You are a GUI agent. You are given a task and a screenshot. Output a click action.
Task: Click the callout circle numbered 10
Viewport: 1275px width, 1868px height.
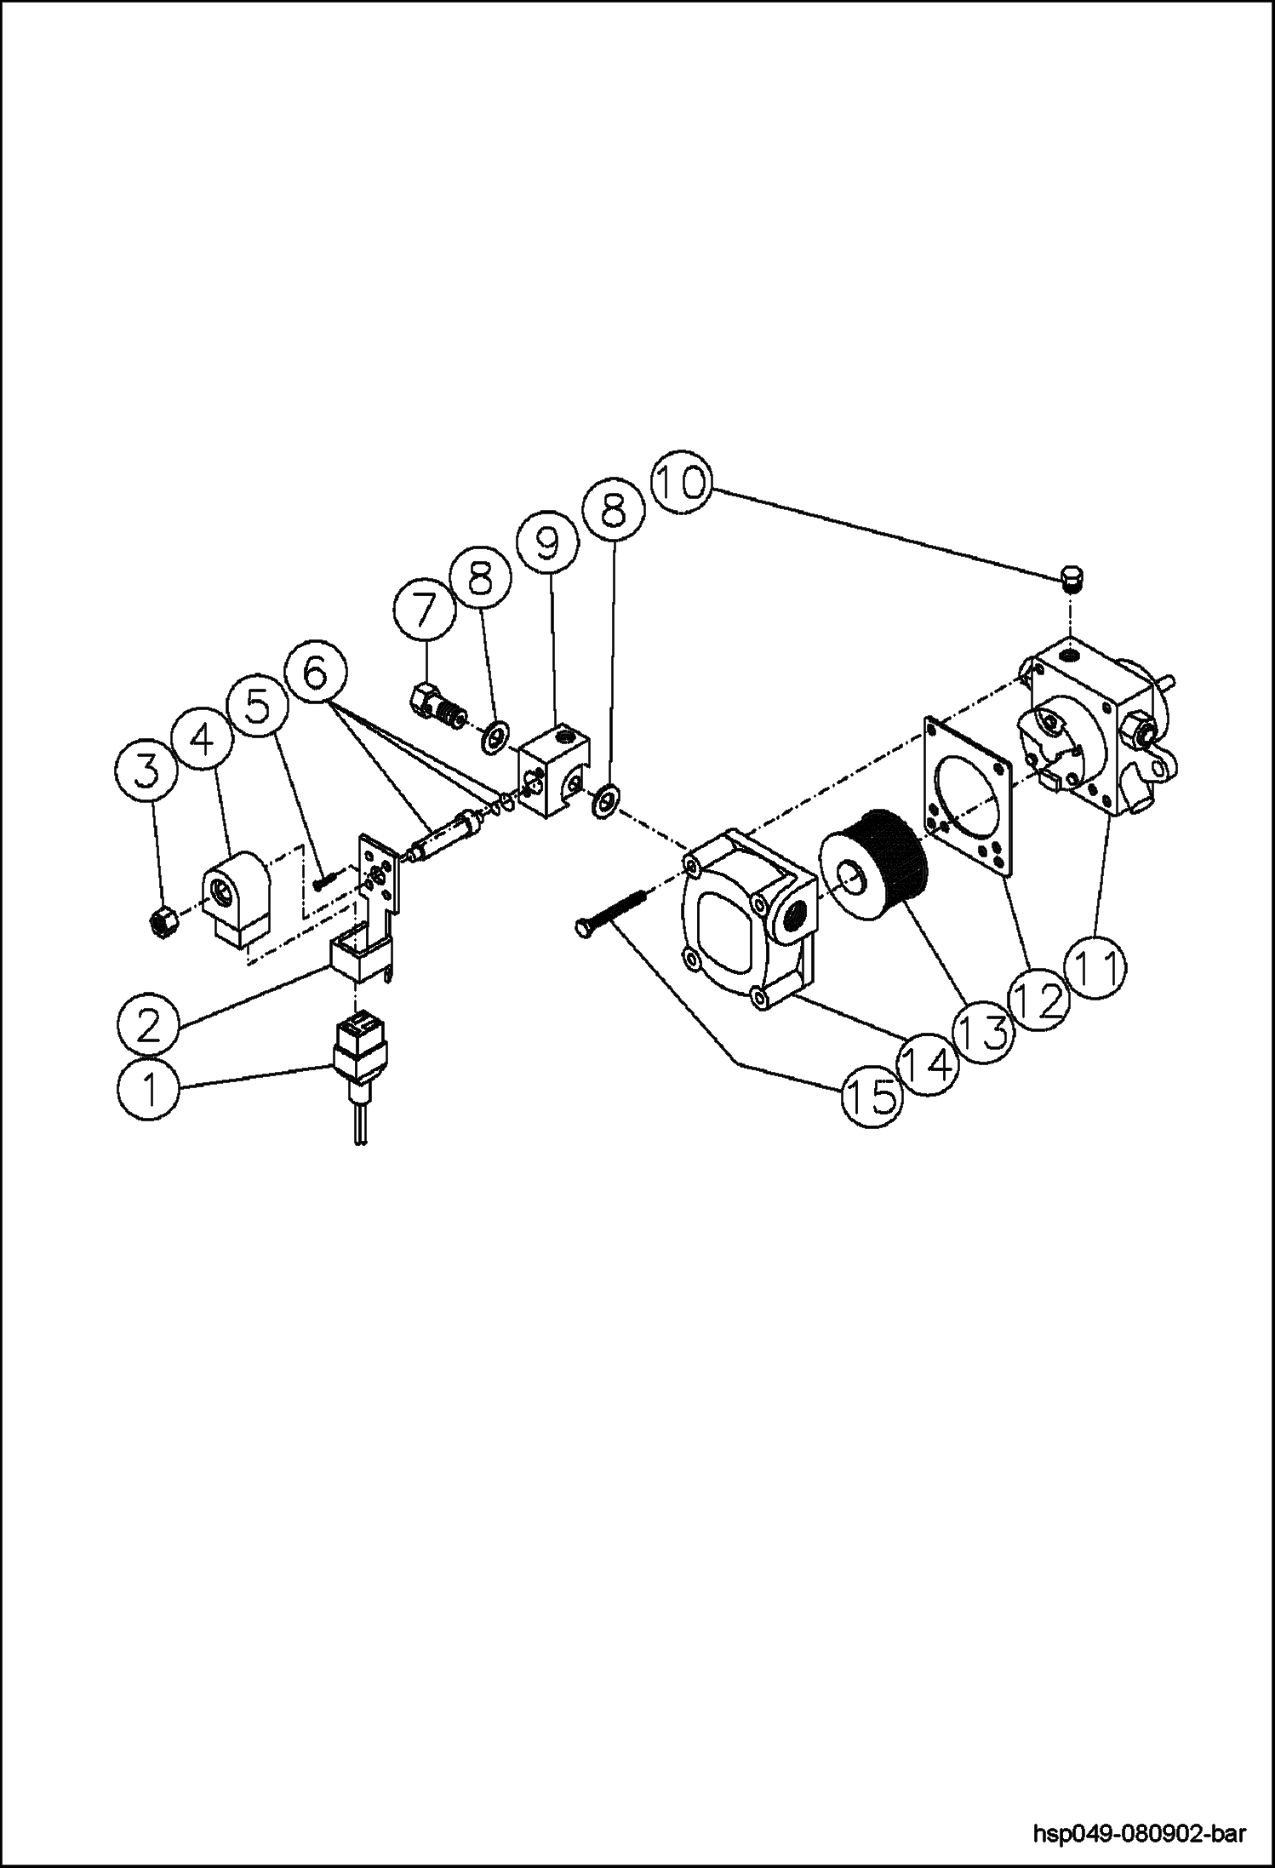pos(680,484)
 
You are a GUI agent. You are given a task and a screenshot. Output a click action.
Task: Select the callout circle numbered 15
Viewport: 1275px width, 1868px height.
pos(871,1097)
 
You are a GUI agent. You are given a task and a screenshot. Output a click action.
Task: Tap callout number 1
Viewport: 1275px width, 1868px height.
pos(149,1089)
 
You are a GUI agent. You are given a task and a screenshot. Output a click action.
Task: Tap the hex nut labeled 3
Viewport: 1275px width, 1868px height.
pos(163,921)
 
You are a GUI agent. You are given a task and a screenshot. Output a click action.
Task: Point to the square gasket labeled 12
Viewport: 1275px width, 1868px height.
pos(966,796)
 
